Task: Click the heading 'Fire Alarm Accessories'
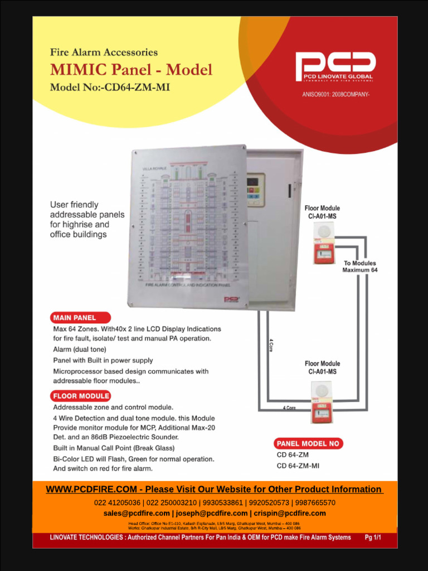tap(104, 52)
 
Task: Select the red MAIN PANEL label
tap(74, 318)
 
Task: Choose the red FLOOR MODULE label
tap(81, 396)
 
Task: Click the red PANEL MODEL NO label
tap(308, 444)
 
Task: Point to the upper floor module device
tap(323, 243)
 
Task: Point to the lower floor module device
tap(322, 401)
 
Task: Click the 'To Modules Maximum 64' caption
tap(359, 267)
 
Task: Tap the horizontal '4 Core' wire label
tap(289, 408)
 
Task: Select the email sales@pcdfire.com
tap(137, 513)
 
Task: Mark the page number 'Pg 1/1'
tap(373, 538)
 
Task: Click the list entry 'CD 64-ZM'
tap(293, 454)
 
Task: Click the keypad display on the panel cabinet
tap(255, 190)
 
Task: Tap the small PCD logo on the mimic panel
tap(231, 299)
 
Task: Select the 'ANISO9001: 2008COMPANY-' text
tap(336, 94)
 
